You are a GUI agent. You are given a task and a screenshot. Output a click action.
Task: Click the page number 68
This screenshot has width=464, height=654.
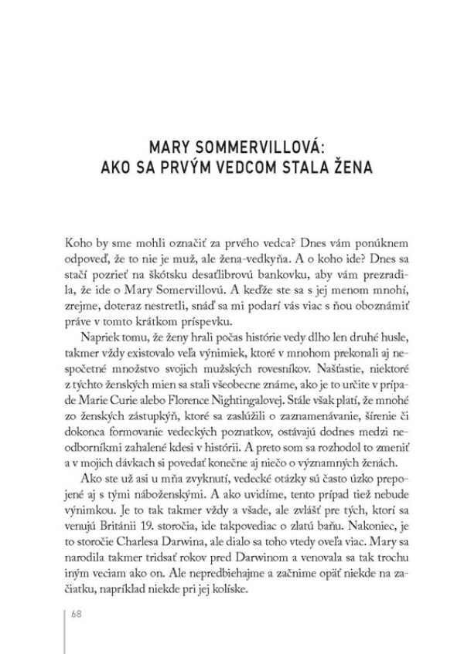pyautogui.click(x=76, y=614)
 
